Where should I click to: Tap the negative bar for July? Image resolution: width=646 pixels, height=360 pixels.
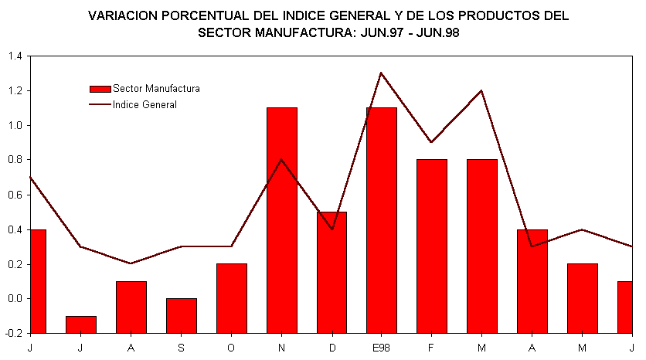(x=80, y=324)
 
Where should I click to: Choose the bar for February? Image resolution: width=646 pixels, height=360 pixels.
(x=432, y=246)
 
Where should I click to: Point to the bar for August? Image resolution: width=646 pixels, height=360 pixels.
(x=131, y=307)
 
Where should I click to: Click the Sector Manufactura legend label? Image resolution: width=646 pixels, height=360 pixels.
(x=156, y=89)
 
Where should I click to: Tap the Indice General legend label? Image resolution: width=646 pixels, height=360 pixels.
(x=144, y=105)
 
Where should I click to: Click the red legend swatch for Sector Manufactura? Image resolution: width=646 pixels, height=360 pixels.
(x=100, y=89)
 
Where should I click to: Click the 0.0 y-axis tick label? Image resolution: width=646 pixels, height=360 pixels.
(x=15, y=299)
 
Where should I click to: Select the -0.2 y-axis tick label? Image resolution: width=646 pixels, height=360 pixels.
(x=14, y=334)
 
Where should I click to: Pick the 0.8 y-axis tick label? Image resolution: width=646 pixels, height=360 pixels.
(x=15, y=160)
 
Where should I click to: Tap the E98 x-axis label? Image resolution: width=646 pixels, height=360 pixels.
(x=382, y=348)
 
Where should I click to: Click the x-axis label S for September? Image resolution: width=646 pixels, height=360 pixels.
(x=181, y=348)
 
